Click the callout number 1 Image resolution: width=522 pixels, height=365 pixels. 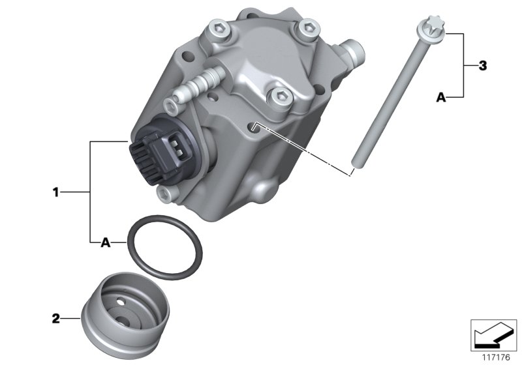click(56, 192)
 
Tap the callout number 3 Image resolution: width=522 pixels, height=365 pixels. click(482, 65)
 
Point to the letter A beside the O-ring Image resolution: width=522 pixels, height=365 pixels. click(104, 242)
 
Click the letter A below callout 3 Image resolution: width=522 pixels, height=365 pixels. click(440, 97)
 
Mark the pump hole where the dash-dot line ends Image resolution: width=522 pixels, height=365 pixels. click(255, 124)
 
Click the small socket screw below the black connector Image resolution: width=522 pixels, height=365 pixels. click(162, 192)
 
